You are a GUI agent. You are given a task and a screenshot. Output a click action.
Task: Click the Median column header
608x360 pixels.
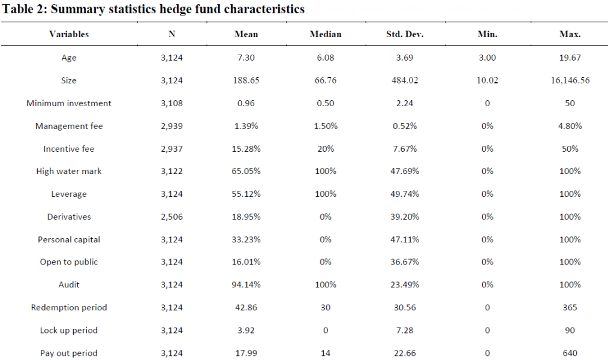[326, 34]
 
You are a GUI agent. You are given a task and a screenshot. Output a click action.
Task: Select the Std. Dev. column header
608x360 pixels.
[405, 34]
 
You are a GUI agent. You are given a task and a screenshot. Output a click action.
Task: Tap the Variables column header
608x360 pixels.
[68, 34]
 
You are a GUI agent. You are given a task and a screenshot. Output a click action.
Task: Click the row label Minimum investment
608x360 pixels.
[68, 103]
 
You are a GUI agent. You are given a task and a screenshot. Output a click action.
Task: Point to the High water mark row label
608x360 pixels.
[68, 171]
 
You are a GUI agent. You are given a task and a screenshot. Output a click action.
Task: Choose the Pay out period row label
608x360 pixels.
[68, 353]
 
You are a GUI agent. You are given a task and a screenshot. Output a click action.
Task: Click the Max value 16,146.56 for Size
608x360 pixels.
[570, 80]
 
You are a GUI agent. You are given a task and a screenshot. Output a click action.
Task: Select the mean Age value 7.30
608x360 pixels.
[246, 58]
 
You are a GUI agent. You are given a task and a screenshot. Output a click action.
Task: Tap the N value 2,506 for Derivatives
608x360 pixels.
[171, 217]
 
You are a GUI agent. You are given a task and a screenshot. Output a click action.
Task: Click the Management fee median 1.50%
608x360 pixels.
[326, 125]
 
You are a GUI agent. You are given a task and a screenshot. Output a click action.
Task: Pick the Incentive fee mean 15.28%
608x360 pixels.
[246, 149]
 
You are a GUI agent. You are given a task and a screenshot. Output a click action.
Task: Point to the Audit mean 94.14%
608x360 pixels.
[246, 284]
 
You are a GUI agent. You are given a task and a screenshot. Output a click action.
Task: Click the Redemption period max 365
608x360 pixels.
[570, 307]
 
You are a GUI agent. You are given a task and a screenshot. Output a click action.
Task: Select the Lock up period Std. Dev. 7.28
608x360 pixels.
[405, 330]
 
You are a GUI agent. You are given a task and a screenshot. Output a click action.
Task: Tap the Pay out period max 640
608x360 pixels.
[570, 353]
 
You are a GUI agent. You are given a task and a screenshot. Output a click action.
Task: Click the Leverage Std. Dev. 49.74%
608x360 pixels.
[405, 194]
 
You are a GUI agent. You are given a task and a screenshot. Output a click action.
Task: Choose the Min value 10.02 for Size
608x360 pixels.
[487, 80]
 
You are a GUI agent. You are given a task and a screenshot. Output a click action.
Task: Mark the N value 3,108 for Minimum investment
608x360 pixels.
[171, 103]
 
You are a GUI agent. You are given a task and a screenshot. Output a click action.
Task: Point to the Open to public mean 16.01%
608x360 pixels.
[246, 262]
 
